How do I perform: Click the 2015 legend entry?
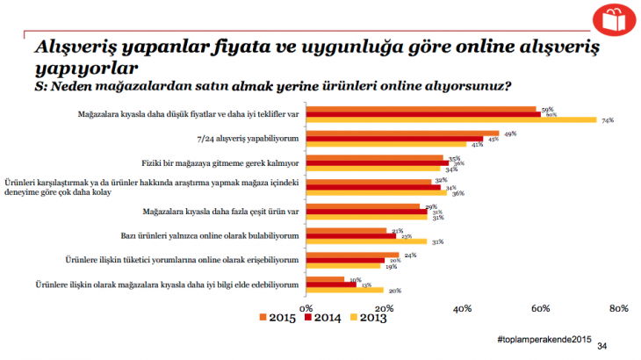[x=280, y=318]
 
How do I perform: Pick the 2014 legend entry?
[x=322, y=318]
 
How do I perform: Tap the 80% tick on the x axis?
[x=618, y=307]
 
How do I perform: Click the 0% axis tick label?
[x=306, y=307]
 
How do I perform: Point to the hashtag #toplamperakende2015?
[x=544, y=339]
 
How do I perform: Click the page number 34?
[x=601, y=347]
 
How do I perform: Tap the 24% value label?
[x=409, y=255]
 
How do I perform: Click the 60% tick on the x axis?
[x=540, y=307]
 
